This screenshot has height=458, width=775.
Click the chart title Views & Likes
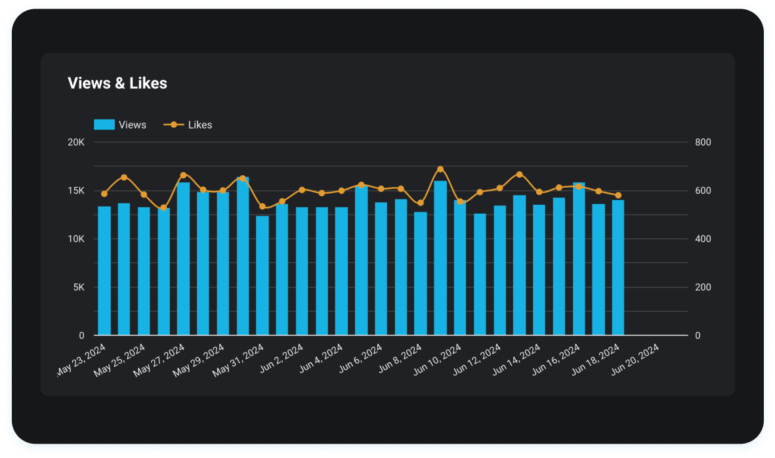tap(117, 83)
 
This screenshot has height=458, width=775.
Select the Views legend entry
tap(121, 125)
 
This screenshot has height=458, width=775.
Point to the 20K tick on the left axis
tap(76, 142)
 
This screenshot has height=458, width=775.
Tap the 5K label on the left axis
tap(79, 287)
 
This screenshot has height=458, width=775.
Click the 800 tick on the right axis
tap(703, 142)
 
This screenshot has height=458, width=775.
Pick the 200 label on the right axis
tap(703, 287)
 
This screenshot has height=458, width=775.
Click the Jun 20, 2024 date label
tap(635, 362)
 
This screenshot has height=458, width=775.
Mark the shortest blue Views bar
tap(262, 276)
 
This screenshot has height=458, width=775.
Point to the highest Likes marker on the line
tap(440, 169)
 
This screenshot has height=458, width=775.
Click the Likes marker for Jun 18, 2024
tap(618, 196)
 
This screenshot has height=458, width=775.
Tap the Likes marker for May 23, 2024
tap(104, 194)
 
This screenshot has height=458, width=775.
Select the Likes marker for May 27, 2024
tap(183, 175)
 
